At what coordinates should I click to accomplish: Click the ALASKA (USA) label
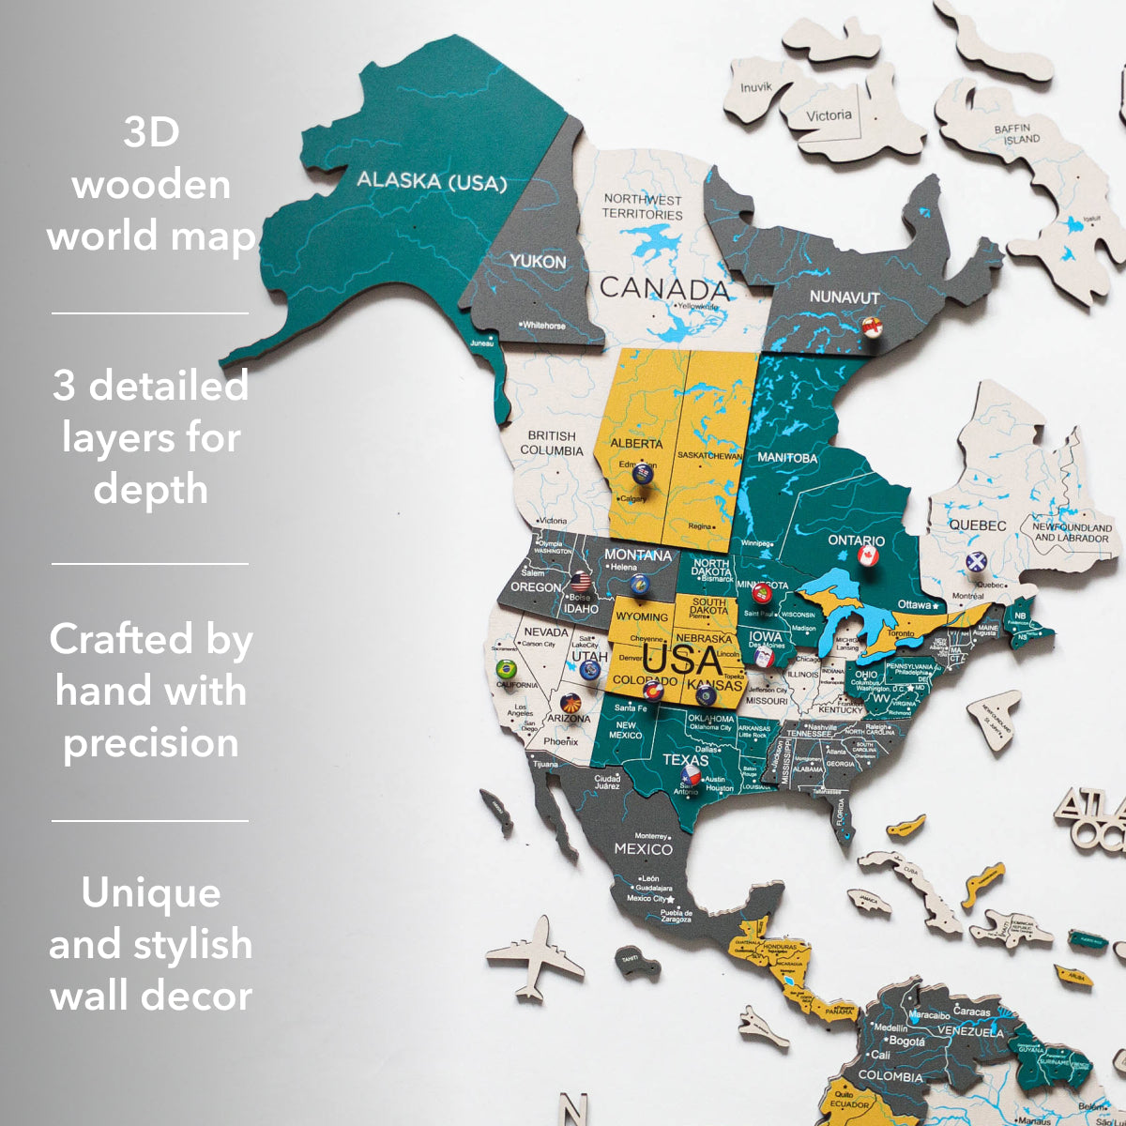[x=432, y=180]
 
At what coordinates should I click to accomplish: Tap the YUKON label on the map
[x=538, y=261]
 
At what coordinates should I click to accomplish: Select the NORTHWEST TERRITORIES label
[x=643, y=206]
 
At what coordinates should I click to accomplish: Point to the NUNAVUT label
[x=844, y=297]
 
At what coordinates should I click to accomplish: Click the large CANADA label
[x=664, y=288]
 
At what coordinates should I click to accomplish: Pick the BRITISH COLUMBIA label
[x=552, y=443]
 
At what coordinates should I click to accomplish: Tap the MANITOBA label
[x=788, y=458]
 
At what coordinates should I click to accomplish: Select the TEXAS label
[x=686, y=759]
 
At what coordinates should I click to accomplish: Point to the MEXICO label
[x=643, y=848]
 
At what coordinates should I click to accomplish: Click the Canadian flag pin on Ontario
[x=867, y=555]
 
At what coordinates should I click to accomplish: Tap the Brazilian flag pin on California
[x=506, y=669]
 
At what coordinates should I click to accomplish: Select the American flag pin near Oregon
[x=580, y=581]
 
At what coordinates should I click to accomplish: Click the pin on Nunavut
[x=873, y=327]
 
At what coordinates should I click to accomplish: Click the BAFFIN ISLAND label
[x=1017, y=133]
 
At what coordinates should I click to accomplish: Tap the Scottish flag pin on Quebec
[x=976, y=562]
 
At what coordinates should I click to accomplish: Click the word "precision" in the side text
[x=150, y=742]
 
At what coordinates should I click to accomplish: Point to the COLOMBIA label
[x=890, y=1076]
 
